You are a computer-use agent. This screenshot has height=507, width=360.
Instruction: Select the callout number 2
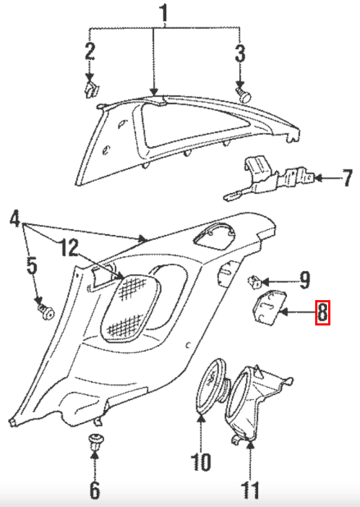pos(90,51)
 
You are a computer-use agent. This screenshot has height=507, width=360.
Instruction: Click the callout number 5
pos(32,265)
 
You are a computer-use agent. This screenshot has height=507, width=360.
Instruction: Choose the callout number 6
pos(95,490)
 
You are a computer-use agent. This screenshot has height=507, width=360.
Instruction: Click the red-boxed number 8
pos(322,312)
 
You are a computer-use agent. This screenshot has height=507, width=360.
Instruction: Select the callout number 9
pos(304,280)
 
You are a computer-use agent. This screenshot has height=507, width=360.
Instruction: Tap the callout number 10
pos(201,461)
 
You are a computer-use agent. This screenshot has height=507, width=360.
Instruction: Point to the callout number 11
pos(250,490)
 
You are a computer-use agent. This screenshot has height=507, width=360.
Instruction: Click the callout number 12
pos(69,247)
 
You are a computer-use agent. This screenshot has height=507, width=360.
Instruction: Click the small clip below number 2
pos(91,90)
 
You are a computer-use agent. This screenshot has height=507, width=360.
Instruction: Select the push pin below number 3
pos(244,94)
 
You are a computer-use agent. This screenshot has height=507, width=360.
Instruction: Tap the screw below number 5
pos(46,310)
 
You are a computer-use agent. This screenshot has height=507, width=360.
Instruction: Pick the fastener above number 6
pos(95,442)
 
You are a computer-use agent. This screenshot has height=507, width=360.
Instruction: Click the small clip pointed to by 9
pos(254,281)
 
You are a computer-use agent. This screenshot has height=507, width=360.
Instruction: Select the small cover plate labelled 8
pos(269,307)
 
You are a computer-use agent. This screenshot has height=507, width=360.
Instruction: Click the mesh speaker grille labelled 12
pos(130,307)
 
